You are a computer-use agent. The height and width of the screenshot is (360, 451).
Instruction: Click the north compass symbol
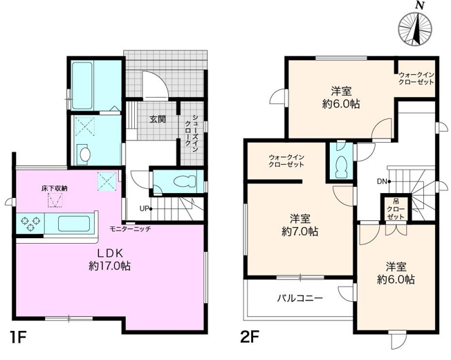coord(417,29)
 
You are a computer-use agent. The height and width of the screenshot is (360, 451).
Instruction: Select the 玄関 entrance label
coord(157,119)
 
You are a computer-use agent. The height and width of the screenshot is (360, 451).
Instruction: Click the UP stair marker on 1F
coord(144,208)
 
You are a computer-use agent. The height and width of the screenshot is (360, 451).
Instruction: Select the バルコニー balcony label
coord(300,298)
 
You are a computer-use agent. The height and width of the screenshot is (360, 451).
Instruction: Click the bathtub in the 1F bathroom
coord(87,84)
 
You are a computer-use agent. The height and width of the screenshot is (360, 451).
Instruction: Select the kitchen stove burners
coord(32,223)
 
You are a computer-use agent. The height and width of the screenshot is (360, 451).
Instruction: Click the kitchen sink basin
coord(73,223)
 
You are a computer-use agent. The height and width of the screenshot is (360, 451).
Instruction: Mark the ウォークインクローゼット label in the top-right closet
coord(416,78)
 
